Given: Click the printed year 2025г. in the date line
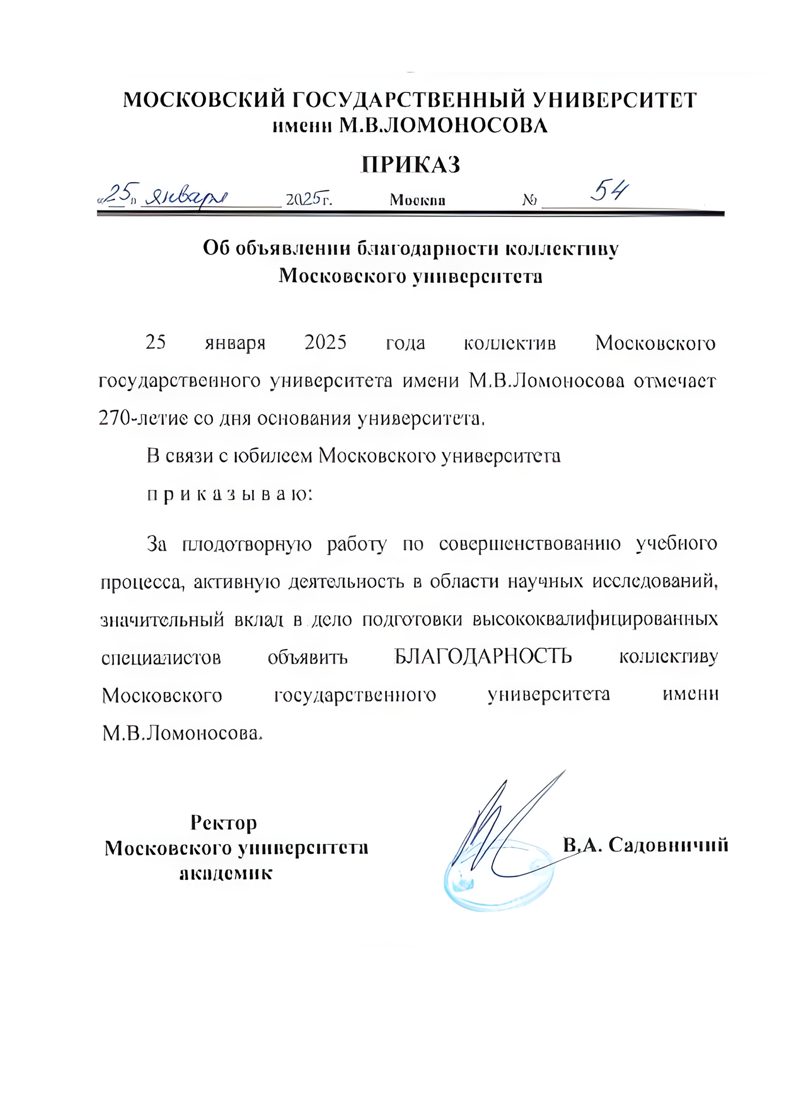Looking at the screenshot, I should (x=308, y=199).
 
